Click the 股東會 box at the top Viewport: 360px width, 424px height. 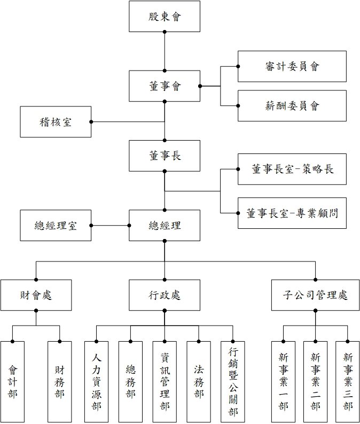click(x=165, y=17)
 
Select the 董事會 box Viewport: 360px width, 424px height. click(x=165, y=86)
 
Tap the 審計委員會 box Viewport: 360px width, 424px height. click(x=292, y=66)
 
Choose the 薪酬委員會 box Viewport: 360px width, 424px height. click(x=292, y=105)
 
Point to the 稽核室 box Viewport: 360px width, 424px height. click(x=56, y=121)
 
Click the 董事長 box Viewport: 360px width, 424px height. click(x=165, y=156)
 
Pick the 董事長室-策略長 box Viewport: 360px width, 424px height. click(x=292, y=169)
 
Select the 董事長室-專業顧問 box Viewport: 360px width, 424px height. click(x=292, y=212)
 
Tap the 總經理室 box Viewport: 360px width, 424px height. click(x=56, y=225)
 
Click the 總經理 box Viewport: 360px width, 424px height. click(x=165, y=225)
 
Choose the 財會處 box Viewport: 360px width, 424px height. click(x=36, y=295)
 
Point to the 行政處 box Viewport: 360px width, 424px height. click(x=165, y=295)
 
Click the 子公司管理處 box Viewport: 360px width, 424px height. click(x=315, y=295)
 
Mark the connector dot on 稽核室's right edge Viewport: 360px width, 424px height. click(x=91, y=121)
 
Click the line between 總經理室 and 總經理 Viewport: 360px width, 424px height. click(x=110, y=225)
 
